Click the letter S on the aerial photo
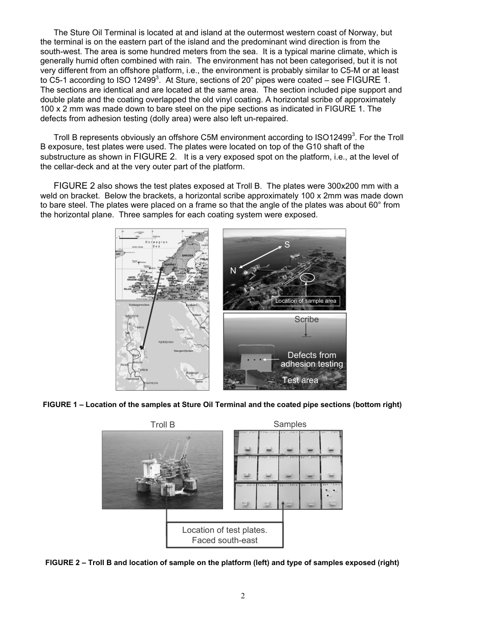pyautogui.click(x=287, y=245)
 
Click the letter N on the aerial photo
pyautogui.click(x=233, y=271)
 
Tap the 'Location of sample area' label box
pyautogui.click(x=305, y=301)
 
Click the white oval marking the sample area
pyautogui.click(x=308, y=278)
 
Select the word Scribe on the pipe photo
pyautogui.click(x=306, y=320)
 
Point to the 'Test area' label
pyautogui.click(x=300, y=380)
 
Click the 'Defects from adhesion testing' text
pyautogui.click(x=312, y=360)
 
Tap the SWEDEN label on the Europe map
pyautogui.click(x=188, y=254)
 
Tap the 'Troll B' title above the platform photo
pyautogui.click(x=162, y=424)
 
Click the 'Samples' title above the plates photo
pyautogui.click(x=290, y=424)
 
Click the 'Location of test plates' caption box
pyautogui.click(x=225, y=535)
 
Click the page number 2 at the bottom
pyautogui.click(x=243, y=596)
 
